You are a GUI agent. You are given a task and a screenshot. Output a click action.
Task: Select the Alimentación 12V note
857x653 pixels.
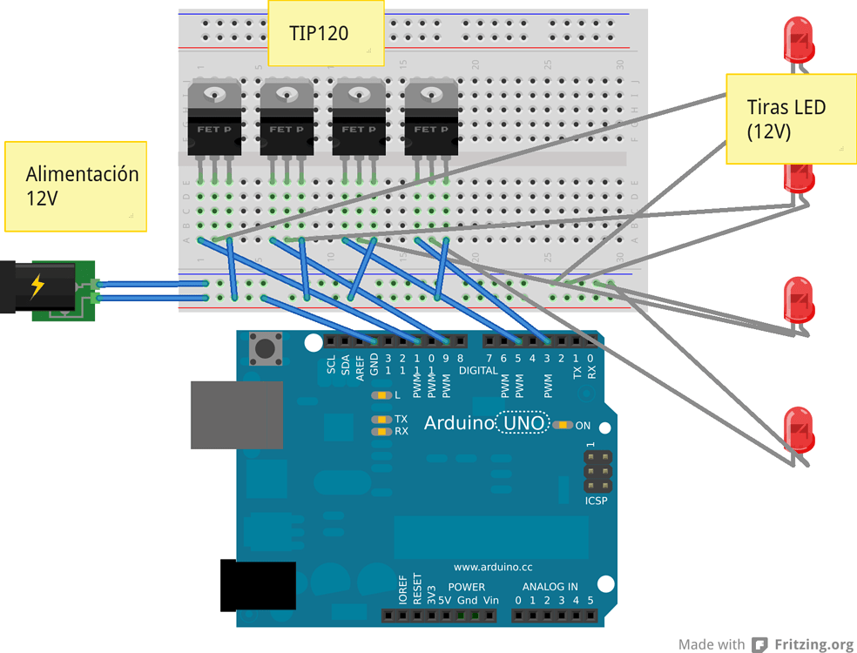click(x=75, y=185)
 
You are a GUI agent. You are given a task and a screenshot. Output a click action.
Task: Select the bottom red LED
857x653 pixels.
click(x=799, y=429)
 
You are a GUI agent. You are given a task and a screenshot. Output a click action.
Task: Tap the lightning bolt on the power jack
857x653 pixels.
click(x=37, y=286)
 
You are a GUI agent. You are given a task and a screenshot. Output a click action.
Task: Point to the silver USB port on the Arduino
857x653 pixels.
click(x=236, y=414)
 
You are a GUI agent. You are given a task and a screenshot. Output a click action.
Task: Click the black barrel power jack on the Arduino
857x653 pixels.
click(x=257, y=586)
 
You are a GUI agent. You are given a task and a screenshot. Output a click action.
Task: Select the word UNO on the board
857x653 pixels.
click(x=523, y=424)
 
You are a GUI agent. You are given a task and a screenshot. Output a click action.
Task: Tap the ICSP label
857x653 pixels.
click(x=597, y=501)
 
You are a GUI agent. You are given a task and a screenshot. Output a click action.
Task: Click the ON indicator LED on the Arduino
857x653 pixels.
click(x=562, y=425)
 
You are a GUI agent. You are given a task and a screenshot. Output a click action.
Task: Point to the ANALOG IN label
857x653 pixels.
click(x=550, y=587)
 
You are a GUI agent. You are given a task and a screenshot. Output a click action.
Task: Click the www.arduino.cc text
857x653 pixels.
click(x=493, y=567)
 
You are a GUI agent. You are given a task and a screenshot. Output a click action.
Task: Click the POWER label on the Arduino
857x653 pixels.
click(x=467, y=587)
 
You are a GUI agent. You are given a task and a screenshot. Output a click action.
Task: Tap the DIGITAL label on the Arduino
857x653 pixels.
click(x=478, y=370)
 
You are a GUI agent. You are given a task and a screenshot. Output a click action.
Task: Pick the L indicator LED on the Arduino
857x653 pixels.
click(x=381, y=395)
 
